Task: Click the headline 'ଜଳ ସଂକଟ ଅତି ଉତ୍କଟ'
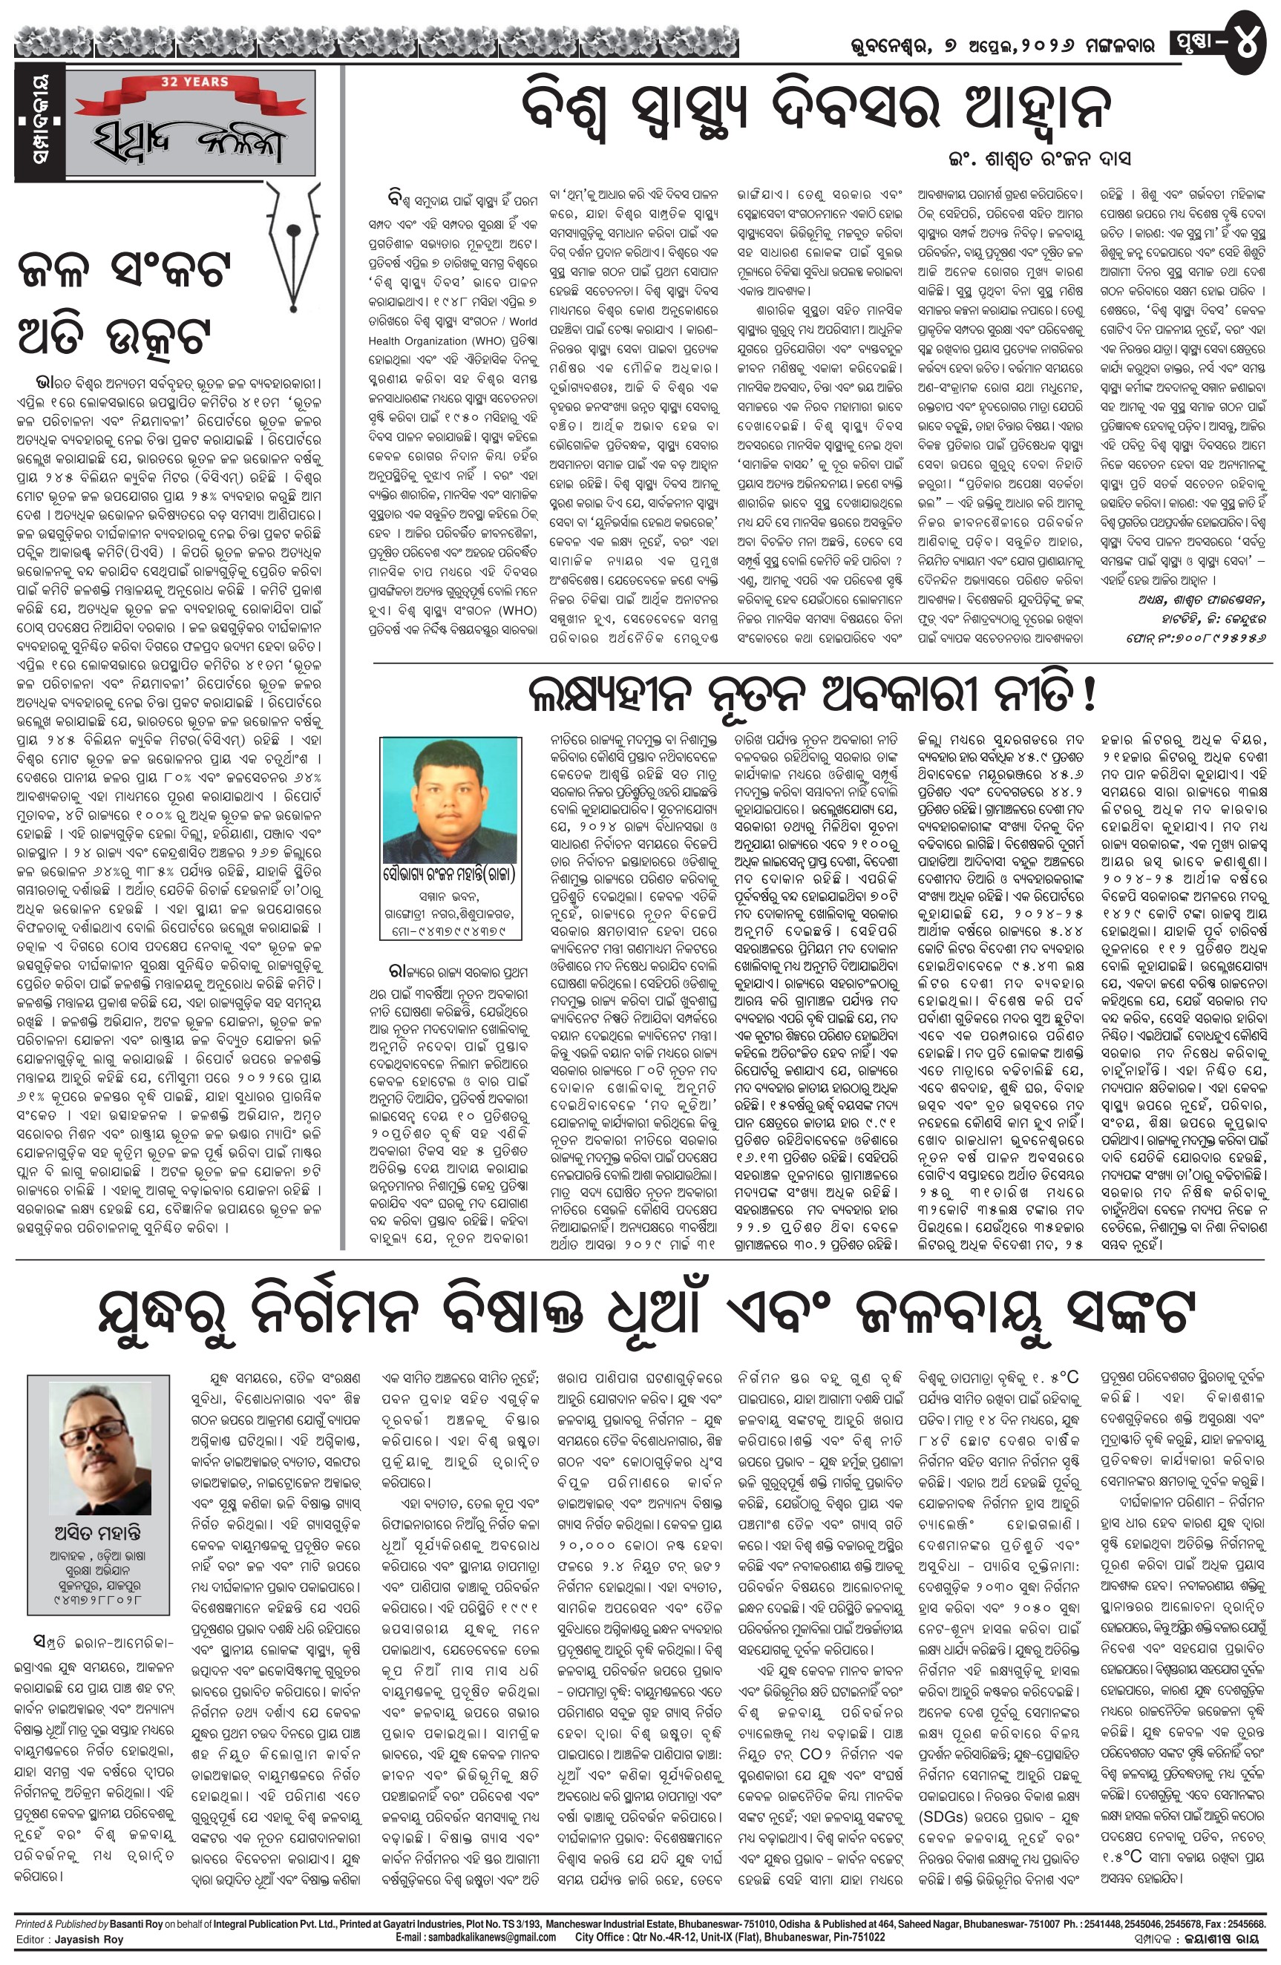pos(124,301)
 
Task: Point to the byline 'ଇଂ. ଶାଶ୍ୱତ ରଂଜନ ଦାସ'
pos(1039,158)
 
